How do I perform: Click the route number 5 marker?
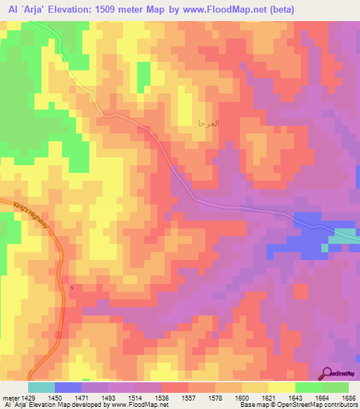(x=72, y=287)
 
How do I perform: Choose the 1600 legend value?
(x=241, y=398)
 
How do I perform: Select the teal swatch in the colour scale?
(x=41, y=387)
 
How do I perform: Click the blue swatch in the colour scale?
(x=67, y=387)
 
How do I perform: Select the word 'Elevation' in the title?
(x=74, y=9)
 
